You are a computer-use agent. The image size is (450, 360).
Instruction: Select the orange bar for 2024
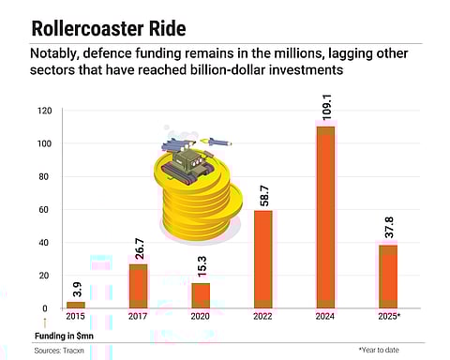tap(324, 217)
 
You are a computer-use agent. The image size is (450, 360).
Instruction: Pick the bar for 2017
tap(139, 286)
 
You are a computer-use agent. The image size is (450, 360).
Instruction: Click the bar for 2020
tap(201, 295)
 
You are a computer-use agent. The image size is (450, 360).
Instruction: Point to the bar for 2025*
tap(387, 277)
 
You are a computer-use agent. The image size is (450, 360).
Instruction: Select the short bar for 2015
tap(76, 305)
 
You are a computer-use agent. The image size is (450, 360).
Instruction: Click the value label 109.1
tap(325, 109)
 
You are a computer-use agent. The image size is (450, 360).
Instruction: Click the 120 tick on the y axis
tap(44, 111)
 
